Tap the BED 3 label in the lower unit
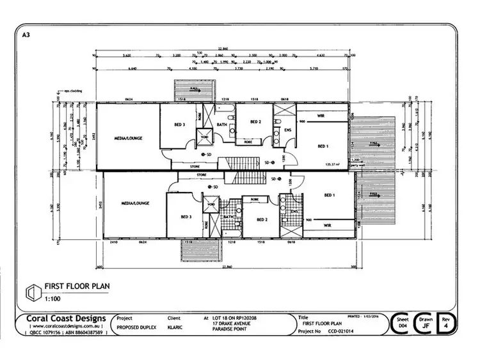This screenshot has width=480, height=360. (x=186, y=217)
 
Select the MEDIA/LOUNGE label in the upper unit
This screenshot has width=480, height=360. (x=129, y=137)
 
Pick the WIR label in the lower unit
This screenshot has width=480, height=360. (x=327, y=225)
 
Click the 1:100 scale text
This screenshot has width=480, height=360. (x=52, y=299)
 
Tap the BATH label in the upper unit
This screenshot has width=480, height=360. (x=222, y=125)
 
